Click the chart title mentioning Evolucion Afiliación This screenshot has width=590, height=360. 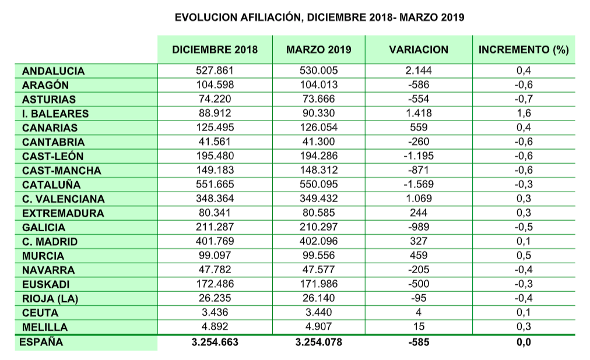click(x=319, y=17)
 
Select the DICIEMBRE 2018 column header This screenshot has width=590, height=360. click(x=215, y=50)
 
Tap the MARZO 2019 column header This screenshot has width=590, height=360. click(x=318, y=50)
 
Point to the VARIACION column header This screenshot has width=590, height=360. click(x=419, y=50)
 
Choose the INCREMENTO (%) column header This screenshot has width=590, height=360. click(x=523, y=50)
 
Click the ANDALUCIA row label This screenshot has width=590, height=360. click(x=53, y=71)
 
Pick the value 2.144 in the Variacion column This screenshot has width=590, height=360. click(x=419, y=71)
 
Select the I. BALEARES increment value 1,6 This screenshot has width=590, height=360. click(x=524, y=114)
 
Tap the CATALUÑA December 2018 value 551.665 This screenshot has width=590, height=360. click(x=215, y=185)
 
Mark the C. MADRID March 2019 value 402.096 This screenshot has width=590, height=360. click(x=318, y=241)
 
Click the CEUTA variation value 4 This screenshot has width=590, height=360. click(x=419, y=312)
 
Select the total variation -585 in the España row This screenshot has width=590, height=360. click(x=419, y=343)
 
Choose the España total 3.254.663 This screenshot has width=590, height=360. click(x=215, y=343)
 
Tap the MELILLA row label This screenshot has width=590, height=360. click(x=45, y=327)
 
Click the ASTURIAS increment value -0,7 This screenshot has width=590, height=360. click(x=524, y=100)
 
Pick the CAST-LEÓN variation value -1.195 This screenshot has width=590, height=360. click(x=419, y=156)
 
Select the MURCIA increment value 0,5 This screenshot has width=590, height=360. click(x=524, y=256)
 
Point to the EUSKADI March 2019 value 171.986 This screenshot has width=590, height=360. click(x=318, y=284)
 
